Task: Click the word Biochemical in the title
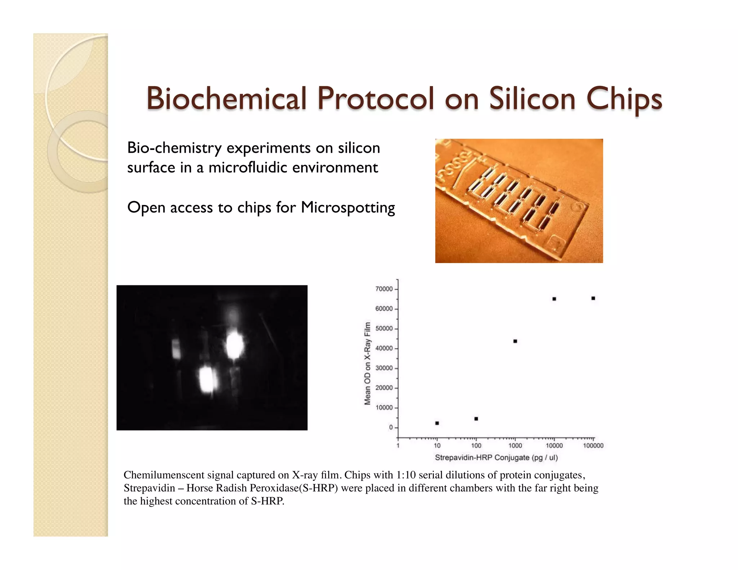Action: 226,98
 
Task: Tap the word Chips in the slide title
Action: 624,99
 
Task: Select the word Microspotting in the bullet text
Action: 348,208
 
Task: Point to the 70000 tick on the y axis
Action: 384,289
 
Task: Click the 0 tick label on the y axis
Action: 391,427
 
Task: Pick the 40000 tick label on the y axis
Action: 384,348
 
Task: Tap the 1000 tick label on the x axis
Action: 515,446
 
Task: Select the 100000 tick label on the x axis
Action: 593,446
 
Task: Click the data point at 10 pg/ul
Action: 437,423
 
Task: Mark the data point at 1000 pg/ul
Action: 515,341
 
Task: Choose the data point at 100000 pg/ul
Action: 593,298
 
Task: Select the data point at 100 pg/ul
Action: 476,419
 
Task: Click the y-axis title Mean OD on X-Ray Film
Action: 367,363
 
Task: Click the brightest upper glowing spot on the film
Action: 235,345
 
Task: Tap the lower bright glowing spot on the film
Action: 207,379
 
